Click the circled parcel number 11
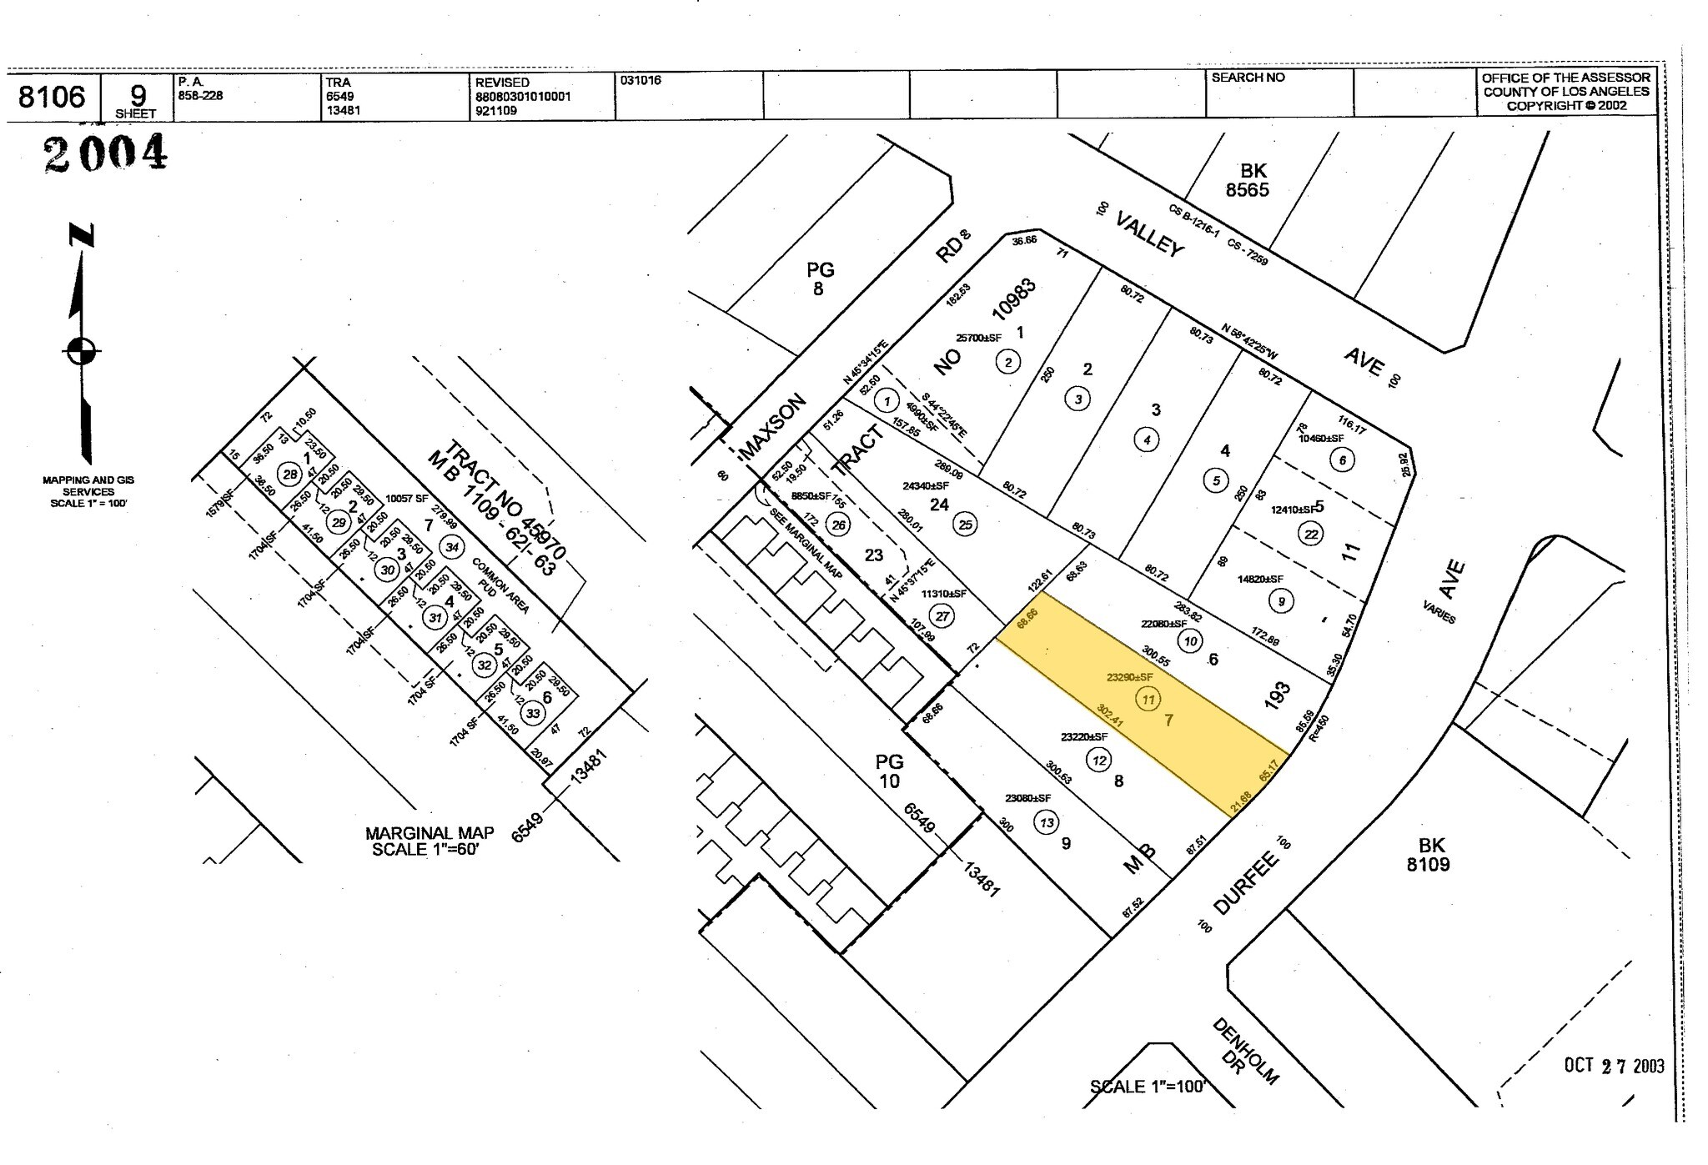1148,699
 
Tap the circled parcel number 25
966,524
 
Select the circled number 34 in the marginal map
452,547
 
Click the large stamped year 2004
106,153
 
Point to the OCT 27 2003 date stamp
1613,1066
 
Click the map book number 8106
52,98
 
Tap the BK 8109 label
1428,855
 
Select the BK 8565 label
1247,181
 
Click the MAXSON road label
773,426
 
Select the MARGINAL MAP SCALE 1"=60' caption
430,841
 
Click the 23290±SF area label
1129,677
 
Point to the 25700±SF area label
978,338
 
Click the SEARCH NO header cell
1248,78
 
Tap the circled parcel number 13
1046,822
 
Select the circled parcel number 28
289,475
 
